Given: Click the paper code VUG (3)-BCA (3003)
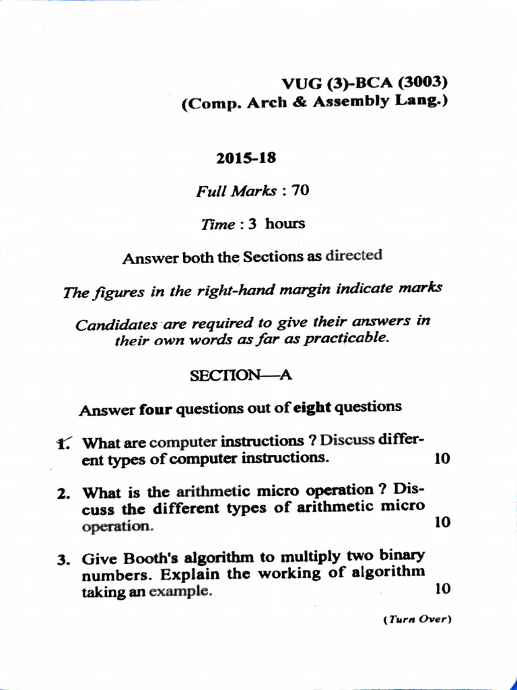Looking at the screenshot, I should pos(364,84).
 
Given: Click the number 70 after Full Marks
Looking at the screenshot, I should pos(300,191).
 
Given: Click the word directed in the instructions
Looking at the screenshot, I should pos(353,256).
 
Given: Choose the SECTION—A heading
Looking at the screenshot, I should pos(240,375).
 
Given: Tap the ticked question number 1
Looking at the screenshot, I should pos(64,443).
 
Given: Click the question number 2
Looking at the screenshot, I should pos(64,493).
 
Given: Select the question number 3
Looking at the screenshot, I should pos(64,559).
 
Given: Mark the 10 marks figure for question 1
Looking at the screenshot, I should pos(442,458).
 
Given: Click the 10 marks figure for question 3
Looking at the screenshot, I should pos(442,589).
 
